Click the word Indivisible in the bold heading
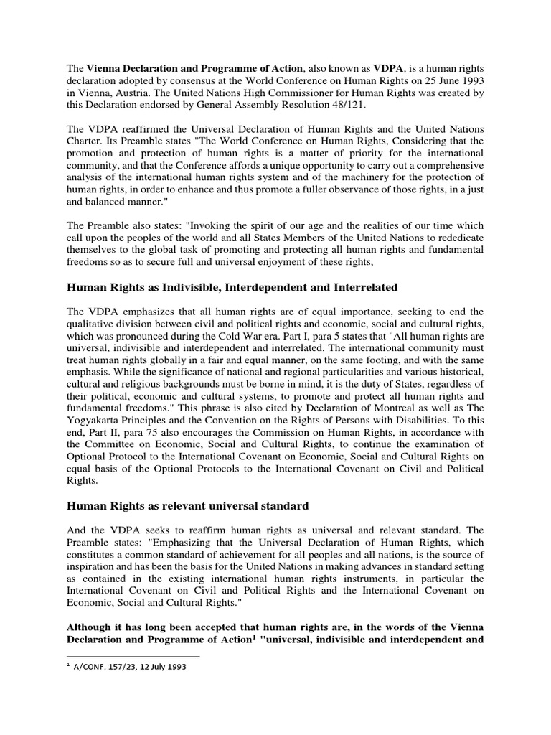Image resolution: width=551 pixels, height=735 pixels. [184, 288]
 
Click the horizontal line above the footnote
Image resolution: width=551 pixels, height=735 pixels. [133, 655]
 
